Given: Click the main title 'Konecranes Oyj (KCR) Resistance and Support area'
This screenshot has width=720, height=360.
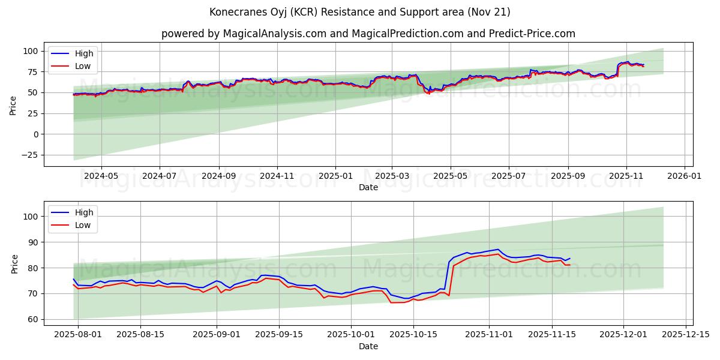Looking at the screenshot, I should click(360, 12).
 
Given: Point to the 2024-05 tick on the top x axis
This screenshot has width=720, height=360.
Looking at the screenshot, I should click(101, 176).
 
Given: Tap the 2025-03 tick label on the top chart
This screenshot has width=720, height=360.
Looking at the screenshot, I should click(392, 176).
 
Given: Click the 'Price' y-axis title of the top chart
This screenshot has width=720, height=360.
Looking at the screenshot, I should click(13, 105).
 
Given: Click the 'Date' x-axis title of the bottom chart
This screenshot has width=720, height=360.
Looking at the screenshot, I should click(368, 346).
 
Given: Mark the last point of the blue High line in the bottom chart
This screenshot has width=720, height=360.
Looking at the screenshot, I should click(570, 259).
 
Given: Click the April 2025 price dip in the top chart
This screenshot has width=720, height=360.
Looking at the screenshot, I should click(428, 93).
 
